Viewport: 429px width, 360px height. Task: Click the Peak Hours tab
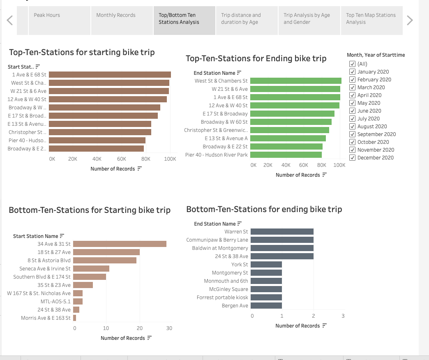tap(47, 15)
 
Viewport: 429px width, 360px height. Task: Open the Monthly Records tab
tap(116, 15)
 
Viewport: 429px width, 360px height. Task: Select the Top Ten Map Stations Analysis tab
tap(371, 18)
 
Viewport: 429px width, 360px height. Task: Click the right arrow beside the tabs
tap(409, 20)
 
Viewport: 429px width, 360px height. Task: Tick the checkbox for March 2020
tap(352, 87)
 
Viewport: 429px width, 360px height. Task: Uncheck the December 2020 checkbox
tap(352, 157)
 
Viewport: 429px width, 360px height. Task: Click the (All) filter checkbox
tap(352, 64)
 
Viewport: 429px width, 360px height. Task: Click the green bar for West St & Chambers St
tap(295, 81)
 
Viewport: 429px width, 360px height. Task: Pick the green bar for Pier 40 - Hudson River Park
tap(286, 155)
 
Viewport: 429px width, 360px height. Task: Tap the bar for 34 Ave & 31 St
tap(120, 244)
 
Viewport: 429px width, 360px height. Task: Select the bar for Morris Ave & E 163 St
tap(75, 318)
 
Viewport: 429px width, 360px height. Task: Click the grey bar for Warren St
tap(281, 232)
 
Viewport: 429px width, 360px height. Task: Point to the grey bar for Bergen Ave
tap(266, 306)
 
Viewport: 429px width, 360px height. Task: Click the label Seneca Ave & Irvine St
tap(45, 269)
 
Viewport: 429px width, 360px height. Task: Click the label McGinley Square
tap(228, 289)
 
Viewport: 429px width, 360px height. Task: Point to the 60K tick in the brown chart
tap(121, 159)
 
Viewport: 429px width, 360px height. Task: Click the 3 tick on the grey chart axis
tap(343, 316)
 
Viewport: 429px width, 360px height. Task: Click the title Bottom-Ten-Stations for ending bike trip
tap(264, 209)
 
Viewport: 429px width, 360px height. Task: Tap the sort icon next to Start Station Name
tap(62, 236)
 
